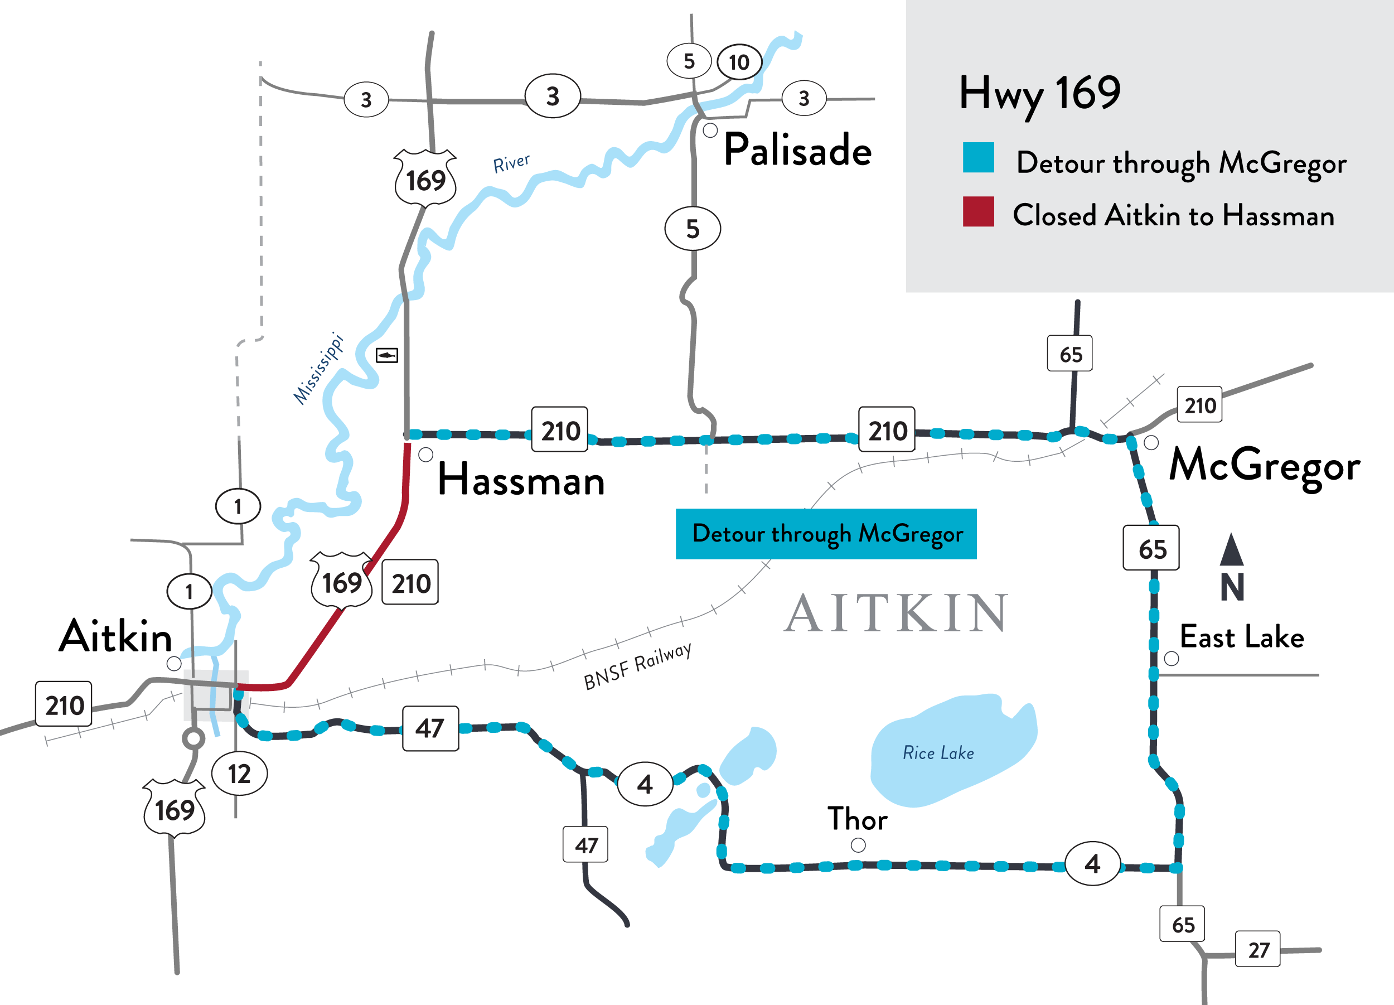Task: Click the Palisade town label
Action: (x=797, y=150)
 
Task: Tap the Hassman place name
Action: (x=521, y=480)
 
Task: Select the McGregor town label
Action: (x=1264, y=465)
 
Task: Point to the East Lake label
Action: (x=1242, y=637)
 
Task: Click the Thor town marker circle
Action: (x=858, y=845)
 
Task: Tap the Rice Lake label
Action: (x=938, y=753)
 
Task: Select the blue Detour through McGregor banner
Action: (x=825, y=534)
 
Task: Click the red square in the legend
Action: (x=978, y=211)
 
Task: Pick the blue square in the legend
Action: (x=978, y=157)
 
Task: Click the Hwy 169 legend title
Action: (x=1039, y=94)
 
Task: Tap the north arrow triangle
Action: (x=1231, y=550)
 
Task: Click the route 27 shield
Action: (x=1257, y=949)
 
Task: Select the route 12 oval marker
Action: (x=239, y=773)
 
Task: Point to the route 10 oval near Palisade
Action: (x=739, y=62)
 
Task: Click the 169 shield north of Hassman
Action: (x=425, y=179)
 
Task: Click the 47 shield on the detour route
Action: (x=430, y=728)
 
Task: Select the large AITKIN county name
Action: (x=896, y=613)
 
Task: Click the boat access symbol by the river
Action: (x=386, y=355)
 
